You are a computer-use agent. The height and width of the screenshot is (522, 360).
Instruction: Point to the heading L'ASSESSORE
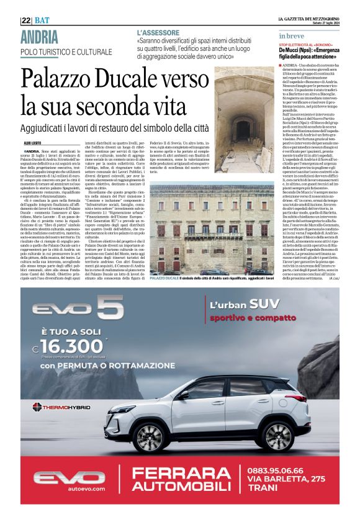pos(158,32)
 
